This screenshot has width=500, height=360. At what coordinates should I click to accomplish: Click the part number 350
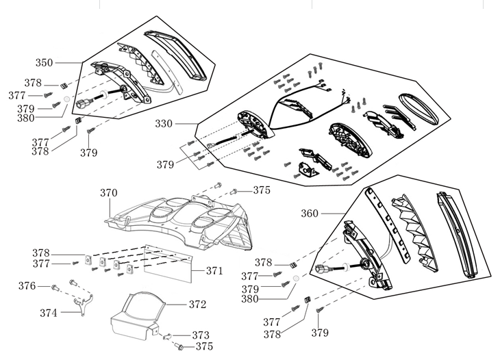click(44, 62)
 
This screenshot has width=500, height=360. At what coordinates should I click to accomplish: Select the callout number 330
click(164, 124)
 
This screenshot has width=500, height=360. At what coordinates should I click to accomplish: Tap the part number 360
click(311, 213)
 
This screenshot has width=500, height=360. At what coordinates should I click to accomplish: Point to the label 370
click(109, 193)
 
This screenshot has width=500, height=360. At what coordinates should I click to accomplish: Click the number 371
click(214, 271)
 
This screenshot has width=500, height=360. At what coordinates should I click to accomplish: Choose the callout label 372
click(197, 303)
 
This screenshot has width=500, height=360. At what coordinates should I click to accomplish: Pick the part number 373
click(200, 335)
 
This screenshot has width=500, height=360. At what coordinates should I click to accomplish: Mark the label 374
click(49, 313)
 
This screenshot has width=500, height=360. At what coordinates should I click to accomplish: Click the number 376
click(27, 285)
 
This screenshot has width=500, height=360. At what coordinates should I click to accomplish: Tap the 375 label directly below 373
click(204, 347)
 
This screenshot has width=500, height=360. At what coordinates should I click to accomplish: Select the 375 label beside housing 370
click(262, 190)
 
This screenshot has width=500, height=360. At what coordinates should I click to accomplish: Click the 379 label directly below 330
click(164, 164)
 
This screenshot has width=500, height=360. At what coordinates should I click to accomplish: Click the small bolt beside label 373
click(168, 335)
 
